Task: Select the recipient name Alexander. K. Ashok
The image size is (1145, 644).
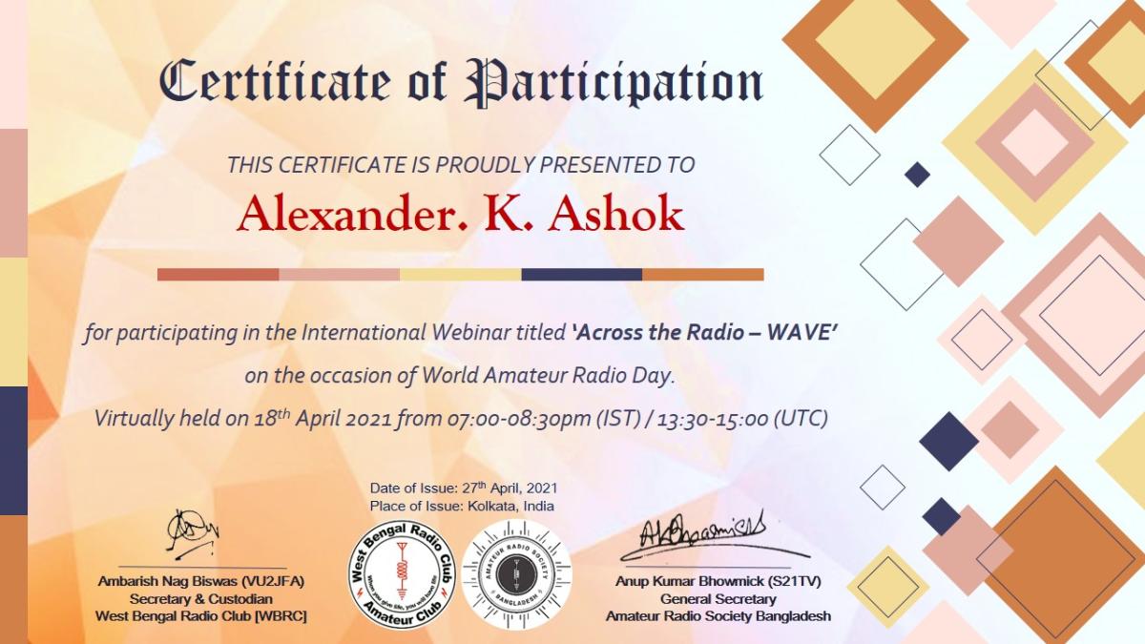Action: pyautogui.click(x=461, y=215)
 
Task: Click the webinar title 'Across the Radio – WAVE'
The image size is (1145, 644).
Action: pyautogui.click(x=704, y=333)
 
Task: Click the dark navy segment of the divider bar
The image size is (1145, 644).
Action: pyautogui.click(x=581, y=275)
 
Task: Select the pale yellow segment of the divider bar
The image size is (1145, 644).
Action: pyautogui.click(x=460, y=275)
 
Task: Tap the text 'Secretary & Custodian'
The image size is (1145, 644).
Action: pyautogui.click(x=201, y=598)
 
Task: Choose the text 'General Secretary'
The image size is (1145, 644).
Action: pyautogui.click(x=718, y=598)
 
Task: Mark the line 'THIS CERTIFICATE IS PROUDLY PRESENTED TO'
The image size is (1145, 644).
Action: pyautogui.click(x=461, y=164)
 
